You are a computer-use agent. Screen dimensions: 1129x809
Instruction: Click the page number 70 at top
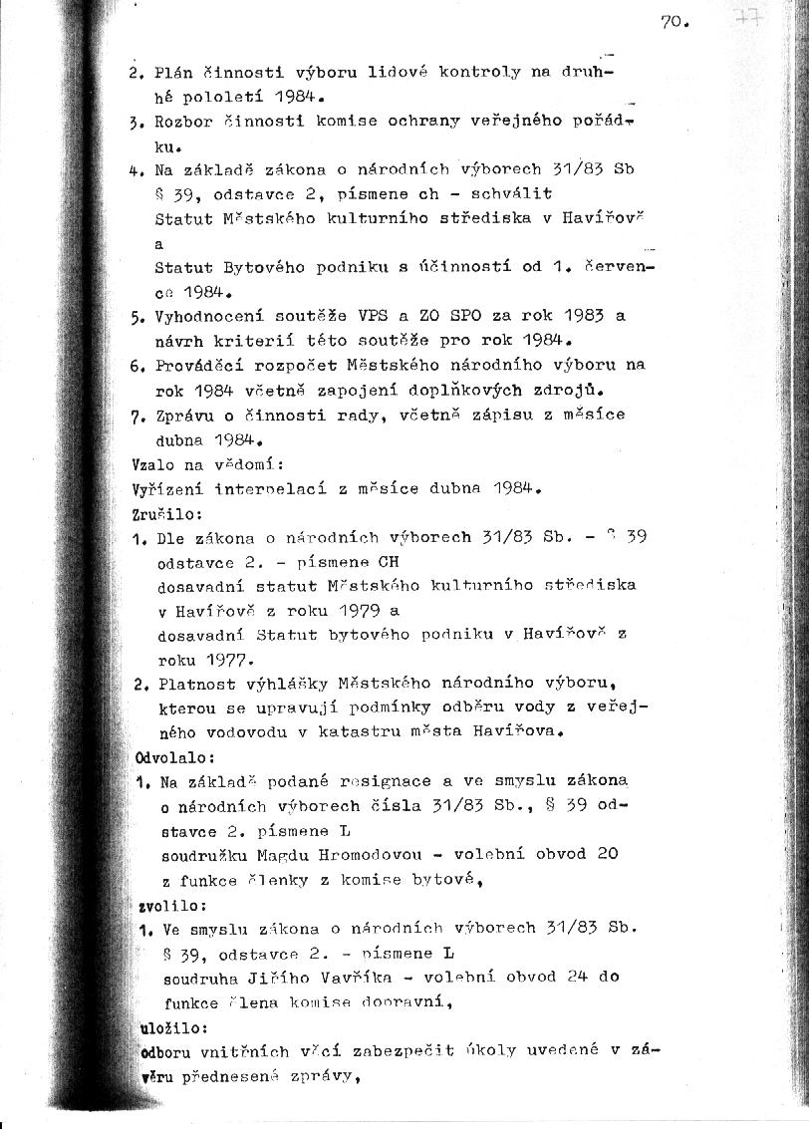(x=674, y=22)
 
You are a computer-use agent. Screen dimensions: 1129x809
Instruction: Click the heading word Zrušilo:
(x=152, y=514)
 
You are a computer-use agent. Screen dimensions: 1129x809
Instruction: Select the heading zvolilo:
(x=159, y=905)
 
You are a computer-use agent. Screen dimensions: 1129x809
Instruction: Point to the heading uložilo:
(x=160, y=1027)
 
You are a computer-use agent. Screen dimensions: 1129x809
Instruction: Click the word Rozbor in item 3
(x=182, y=122)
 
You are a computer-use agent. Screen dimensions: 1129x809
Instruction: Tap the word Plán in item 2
(x=176, y=73)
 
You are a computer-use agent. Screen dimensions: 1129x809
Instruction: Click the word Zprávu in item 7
(x=182, y=415)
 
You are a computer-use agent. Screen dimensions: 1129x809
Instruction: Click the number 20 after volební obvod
(x=607, y=854)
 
